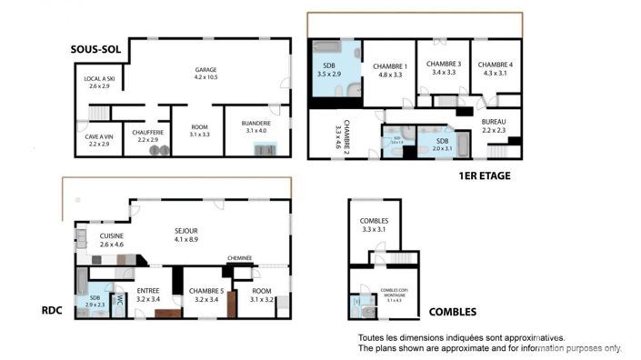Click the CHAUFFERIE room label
click(147, 135)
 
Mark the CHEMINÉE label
click(239, 258)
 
